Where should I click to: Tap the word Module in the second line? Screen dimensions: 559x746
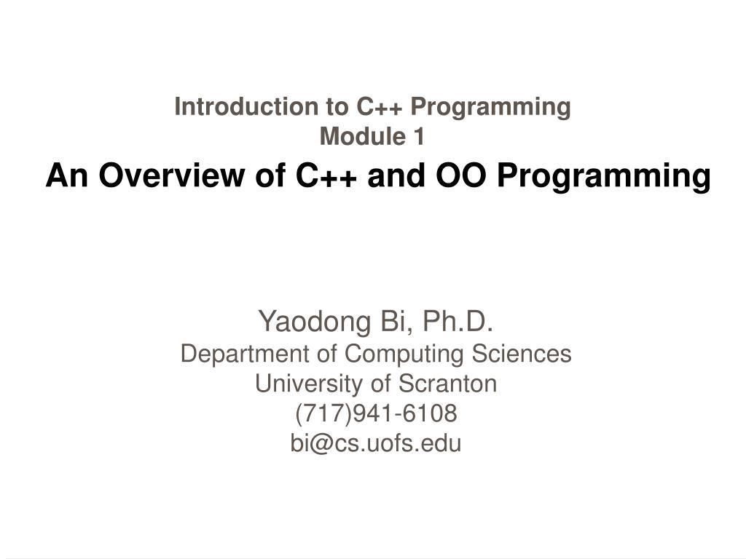pyautogui.click(x=361, y=136)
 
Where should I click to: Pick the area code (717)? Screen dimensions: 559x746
pyautogui.click(x=321, y=413)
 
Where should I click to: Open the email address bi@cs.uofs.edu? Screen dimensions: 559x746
pyautogui.click(x=376, y=443)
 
